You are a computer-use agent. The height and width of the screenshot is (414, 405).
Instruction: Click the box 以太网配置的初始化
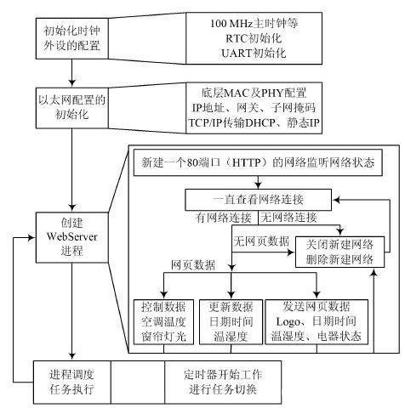click(73, 106)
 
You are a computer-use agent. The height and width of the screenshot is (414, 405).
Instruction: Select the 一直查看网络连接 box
click(259, 200)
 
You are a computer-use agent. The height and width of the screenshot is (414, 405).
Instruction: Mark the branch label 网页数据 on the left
click(189, 265)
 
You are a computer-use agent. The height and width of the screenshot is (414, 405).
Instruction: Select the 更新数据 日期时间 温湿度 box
click(229, 320)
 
